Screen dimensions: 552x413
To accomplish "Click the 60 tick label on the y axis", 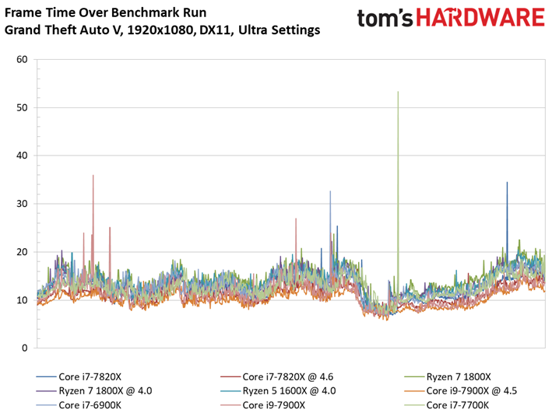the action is [22, 59].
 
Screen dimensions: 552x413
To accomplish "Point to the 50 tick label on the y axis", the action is [22, 107].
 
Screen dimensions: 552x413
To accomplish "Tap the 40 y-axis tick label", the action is [22, 156].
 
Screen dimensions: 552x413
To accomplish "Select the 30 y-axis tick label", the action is [22, 204].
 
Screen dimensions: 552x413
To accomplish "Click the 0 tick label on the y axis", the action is [25, 348].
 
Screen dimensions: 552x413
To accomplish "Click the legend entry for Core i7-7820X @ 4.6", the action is [276, 376].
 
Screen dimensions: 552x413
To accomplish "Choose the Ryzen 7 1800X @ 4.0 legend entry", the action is [94, 391].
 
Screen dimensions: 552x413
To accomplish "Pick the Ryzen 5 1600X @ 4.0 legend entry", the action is [278, 391].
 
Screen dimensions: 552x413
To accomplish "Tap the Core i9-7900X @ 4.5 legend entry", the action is [461, 391].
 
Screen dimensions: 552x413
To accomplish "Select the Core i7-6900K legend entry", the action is [79, 405].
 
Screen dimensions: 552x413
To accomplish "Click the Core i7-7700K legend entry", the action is [447, 405].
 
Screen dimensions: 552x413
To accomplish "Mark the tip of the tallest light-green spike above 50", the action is [398, 92].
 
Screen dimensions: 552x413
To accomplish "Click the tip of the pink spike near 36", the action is [93, 175].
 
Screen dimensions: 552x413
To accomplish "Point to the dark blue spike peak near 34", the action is [507, 182].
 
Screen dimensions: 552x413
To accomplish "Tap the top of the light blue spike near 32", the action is [330, 191].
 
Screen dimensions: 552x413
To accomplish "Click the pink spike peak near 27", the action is [296, 219].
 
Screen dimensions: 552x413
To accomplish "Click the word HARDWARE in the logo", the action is [480, 17].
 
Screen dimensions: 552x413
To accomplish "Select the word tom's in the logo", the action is [385, 19].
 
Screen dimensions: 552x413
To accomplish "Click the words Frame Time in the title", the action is [40, 12].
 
